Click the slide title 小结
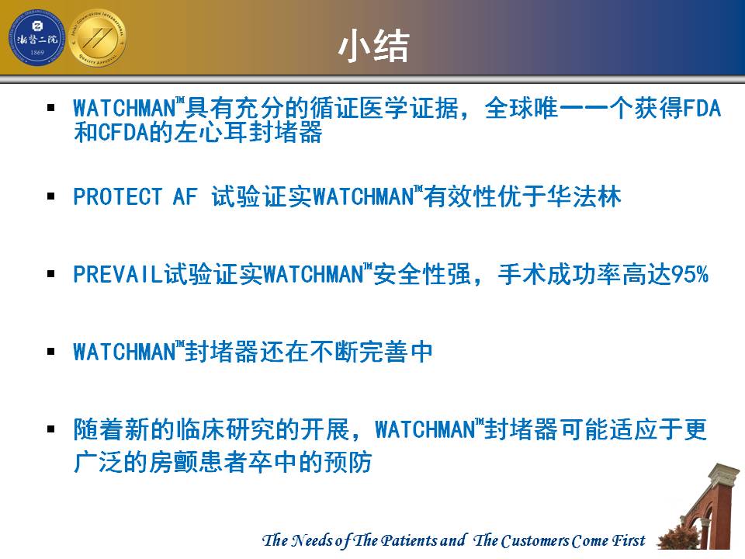[374, 46]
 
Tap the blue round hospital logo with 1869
[36, 38]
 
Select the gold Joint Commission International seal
[98, 38]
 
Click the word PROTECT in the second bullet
[118, 196]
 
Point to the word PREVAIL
[118, 274]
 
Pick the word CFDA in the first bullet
[124, 132]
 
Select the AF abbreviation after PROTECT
[185, 196]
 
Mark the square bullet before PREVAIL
[51, 274]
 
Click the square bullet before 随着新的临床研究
[51, 429]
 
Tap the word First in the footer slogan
[629, 540]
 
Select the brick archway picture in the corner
[700, 507]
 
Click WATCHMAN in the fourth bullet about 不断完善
[125, 352]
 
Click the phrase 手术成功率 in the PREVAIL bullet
[560, 274]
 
